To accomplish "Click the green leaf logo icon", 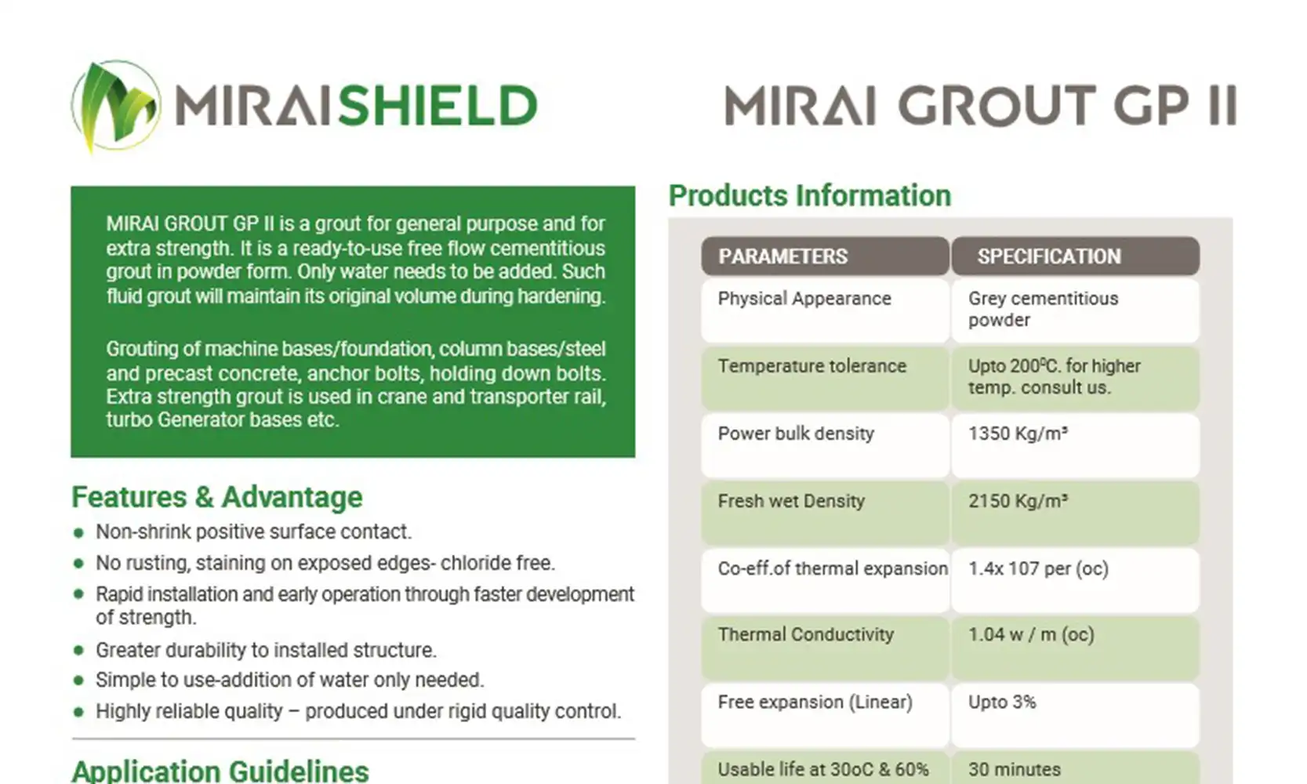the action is click(115, 106).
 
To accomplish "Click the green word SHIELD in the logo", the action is click(437, 105).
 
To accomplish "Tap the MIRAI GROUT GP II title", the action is click(980, 105).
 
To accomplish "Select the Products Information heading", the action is click(810, 195).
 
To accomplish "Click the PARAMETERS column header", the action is click(782, 256).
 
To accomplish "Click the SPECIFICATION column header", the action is click(1049, 256).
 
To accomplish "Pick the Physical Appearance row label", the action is click(804, 299).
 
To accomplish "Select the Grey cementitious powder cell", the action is click(1043, 309).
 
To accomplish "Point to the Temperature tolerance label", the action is click(811, 366).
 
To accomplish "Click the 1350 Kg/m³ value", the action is click(1018, 434).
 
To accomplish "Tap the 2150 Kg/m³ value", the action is click(1018, 501).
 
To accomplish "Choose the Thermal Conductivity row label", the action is click(805, 635).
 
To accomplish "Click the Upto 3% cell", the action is click(1002, 702).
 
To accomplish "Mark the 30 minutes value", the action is click(1014, 770).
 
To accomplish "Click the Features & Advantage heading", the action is click(216, 498).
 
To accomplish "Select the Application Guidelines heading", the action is click(220, 771).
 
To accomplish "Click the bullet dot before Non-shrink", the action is click(78, 532).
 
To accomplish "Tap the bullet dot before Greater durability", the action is click(78, 651).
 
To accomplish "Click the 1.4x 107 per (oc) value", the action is click(1038, 568).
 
